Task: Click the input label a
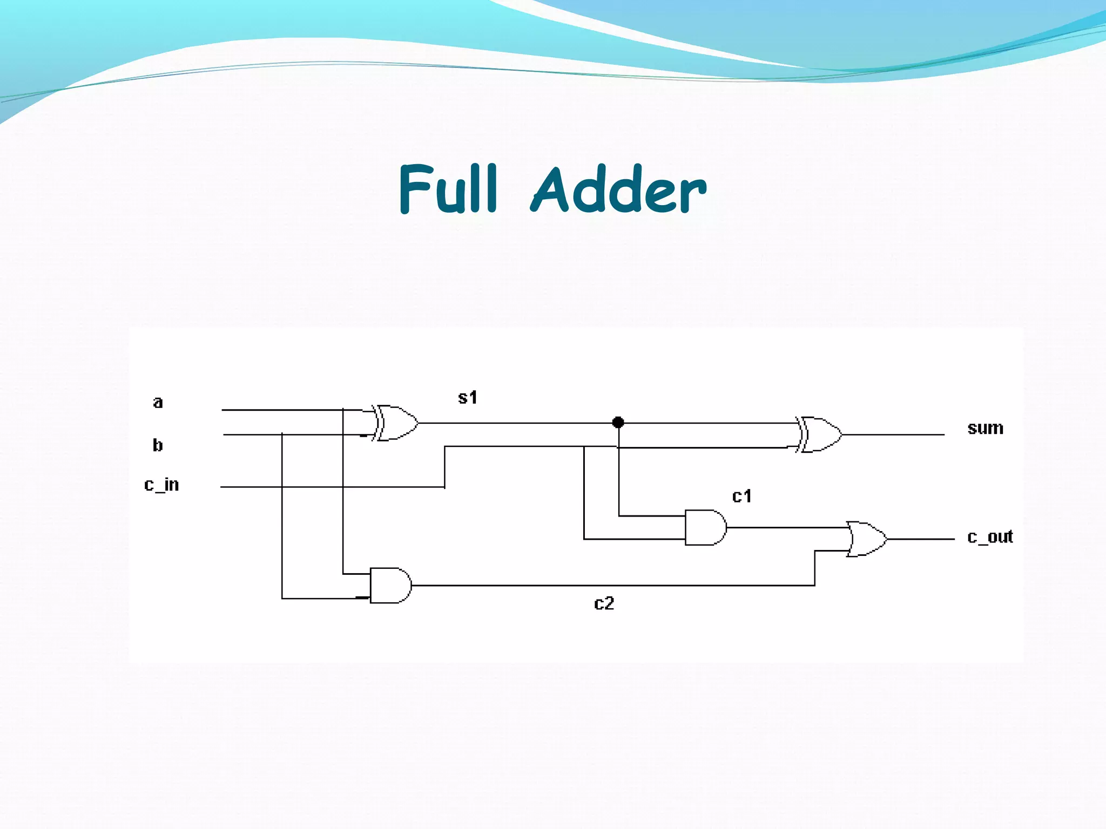(158, 403)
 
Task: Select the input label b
(158, 445)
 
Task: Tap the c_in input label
(161, 485)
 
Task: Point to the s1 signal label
(468, 398)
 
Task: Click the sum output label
(985, 428)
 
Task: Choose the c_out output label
(990, 537)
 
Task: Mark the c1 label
(741, 496)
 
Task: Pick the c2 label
(604, 603)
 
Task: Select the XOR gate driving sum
(820, 434)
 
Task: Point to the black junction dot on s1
(618, 422)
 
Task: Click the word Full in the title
(448, 189)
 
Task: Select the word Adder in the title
(619, 189)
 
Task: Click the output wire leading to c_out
(921, 539)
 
